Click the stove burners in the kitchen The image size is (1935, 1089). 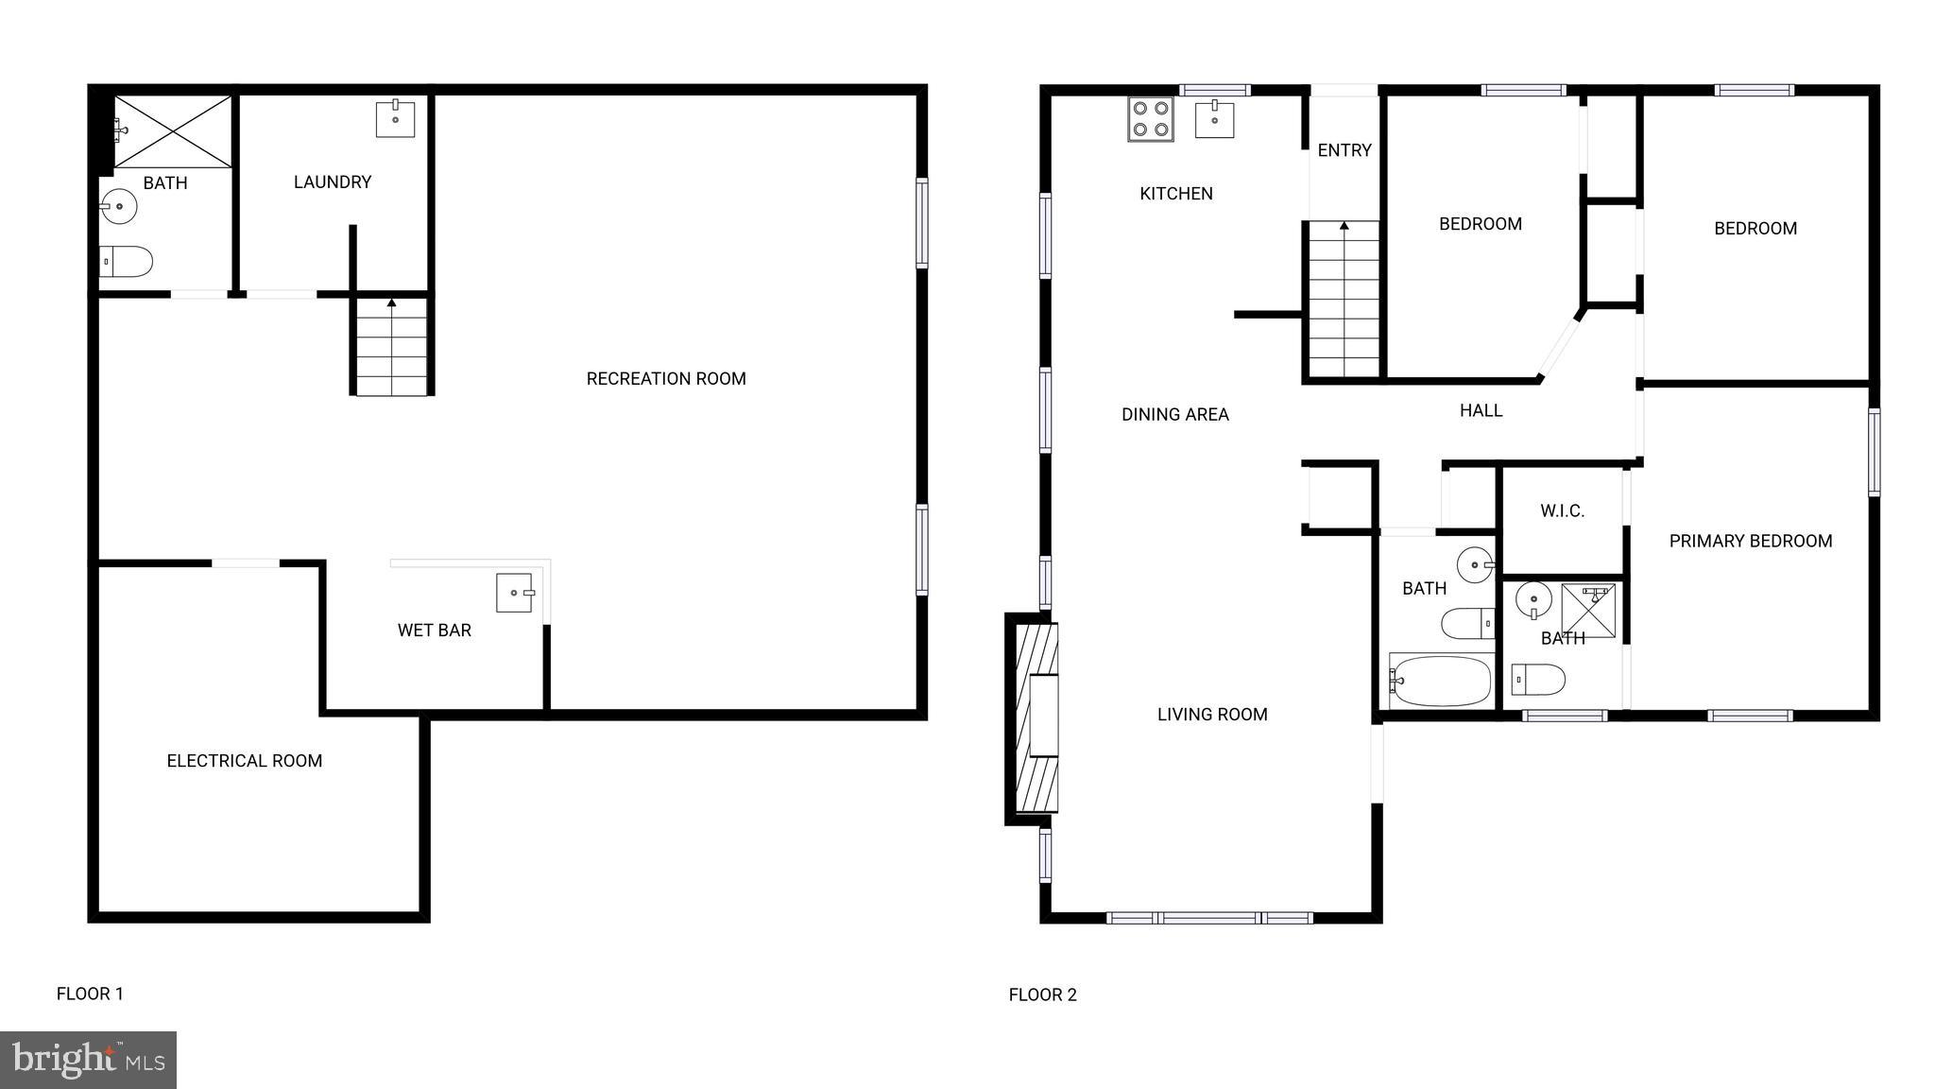[1150, 119]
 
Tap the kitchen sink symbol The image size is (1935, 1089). [1214, 120]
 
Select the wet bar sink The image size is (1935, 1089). [515, 593]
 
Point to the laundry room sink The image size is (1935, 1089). [395, 118]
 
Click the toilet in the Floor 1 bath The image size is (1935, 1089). [127, 262]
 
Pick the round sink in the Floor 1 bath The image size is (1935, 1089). [119, 206]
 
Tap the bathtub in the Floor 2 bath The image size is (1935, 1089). [1441, 681]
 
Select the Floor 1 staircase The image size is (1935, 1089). [391, 346]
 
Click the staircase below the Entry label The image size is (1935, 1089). [1344, 301]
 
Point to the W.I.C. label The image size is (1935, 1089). [1562, 511]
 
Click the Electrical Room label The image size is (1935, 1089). [245, 761]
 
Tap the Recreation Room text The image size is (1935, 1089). [666, 379]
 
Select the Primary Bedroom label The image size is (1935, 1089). [1751, 542]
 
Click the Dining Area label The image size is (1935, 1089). [1174, 414]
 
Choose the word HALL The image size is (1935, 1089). [1481, 410]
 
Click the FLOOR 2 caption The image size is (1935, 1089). [1042, 994]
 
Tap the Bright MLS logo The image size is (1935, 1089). [88, 1060]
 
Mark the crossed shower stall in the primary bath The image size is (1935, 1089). [1588, 611]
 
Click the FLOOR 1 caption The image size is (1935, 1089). [90, 994]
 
